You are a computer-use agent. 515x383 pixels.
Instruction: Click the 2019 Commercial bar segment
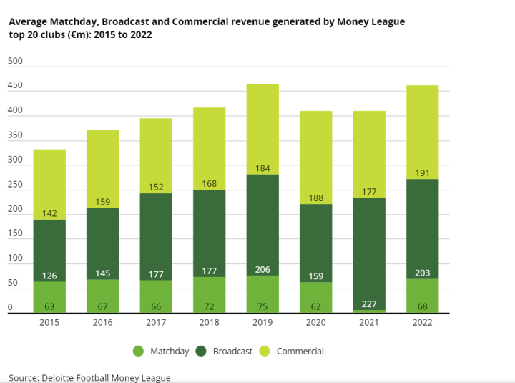point(263,129)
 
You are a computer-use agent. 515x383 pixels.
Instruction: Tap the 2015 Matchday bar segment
point(49,297)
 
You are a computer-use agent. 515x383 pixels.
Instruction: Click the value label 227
point(369,303)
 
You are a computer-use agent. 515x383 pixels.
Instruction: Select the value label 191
point(422,173)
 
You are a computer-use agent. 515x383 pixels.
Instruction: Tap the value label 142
point(49,213)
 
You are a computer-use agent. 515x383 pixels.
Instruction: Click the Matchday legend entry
point(161,352)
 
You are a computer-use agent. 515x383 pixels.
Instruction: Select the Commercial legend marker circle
point(264,352)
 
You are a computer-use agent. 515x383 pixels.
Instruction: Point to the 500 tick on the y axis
point(15,62)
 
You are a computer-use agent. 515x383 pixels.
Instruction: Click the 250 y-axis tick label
point(15,185)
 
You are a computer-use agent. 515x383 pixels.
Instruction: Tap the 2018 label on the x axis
point(209,322)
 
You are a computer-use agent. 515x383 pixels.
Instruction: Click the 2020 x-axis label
point(315,322)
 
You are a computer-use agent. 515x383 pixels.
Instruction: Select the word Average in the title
point(28,21)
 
